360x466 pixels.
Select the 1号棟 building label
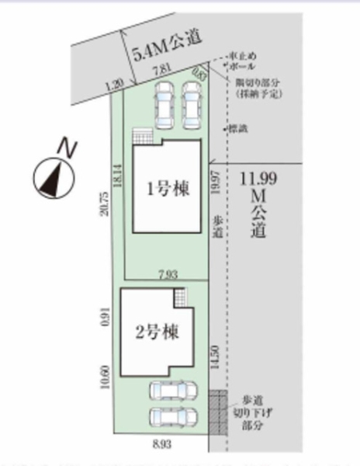click(x=168, y=188)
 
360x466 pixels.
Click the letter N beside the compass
click(x=69, y=147)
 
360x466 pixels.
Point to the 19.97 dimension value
click(x=220, y=186)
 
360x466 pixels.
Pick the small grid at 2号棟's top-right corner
click(x=181, y=298)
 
